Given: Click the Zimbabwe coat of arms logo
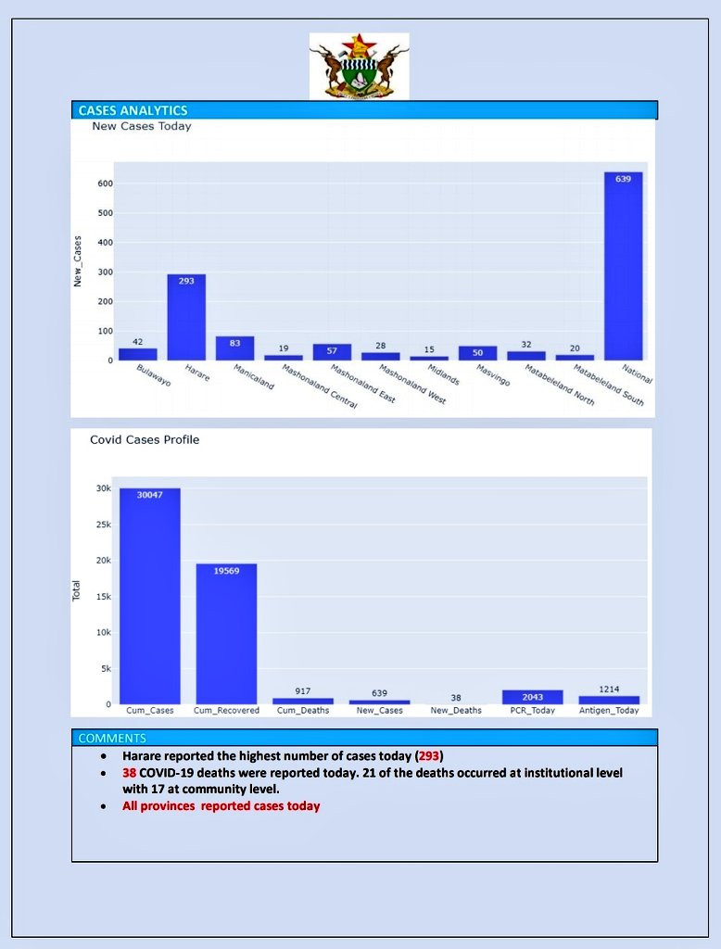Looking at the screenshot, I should pos(359,66).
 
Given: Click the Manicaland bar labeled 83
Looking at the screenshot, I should pos(234,348).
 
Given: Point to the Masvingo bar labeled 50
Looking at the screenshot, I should pos(477,353).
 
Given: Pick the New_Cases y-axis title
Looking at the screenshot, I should pos(79,260).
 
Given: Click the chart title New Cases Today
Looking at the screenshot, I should pos(142,126).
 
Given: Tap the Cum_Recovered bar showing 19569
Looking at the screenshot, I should pos(226,634).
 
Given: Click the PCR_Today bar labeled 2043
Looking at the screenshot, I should pos(532,697).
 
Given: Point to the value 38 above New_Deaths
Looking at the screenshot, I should pos(456,697).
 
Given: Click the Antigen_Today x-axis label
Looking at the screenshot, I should pos(609,711).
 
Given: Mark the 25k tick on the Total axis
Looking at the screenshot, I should pos(102,525).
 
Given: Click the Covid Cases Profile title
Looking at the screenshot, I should pos(145,439).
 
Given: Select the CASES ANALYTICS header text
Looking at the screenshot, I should pos(133,110).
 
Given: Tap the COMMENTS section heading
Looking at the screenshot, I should pos(112,738).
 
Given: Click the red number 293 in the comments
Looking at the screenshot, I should pos(429,756).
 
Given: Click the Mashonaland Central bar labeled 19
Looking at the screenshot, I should pos(283,358).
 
